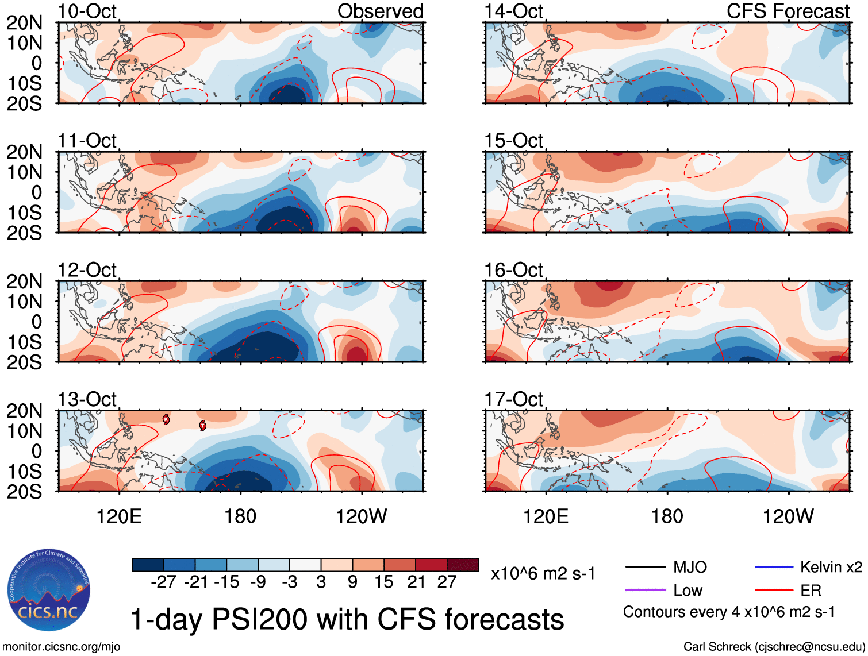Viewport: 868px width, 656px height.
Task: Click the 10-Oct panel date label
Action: tap(87, 11)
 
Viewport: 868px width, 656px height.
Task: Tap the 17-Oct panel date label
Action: tap(513, 399)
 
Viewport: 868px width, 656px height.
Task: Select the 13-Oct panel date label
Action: tap(87, 399)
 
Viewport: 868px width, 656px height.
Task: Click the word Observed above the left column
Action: tap(380, 11)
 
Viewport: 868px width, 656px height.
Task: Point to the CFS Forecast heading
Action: tap(788, 11)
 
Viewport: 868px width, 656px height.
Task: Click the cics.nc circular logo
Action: tap(49, 591)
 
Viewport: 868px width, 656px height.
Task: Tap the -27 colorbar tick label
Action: tap(163, 582)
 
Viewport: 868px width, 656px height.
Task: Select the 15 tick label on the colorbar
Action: tap(383, 582)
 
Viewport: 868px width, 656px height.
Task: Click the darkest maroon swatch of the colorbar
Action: tap(463, 565)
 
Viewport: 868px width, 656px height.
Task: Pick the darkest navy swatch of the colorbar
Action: tap(148, 565)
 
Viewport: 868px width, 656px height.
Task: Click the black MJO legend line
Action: tap(645, 568)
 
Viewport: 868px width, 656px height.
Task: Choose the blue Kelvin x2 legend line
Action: tap(774, 568)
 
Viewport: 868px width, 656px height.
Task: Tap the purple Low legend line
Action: tap(645, 591)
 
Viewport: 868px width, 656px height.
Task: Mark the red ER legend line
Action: tap(774, 591)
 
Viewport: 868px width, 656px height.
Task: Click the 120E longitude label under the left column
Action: tap(119, 516)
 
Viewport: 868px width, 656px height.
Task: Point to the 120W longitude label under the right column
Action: tap(788, 516)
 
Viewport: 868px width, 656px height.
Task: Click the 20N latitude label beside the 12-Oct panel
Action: tap(24, 281)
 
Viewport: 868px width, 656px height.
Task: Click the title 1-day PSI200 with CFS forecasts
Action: tap(347, 619)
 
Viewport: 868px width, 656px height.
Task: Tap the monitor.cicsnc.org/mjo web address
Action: tap(62, 647)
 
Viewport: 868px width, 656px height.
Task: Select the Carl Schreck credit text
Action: tap(774, 647)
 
